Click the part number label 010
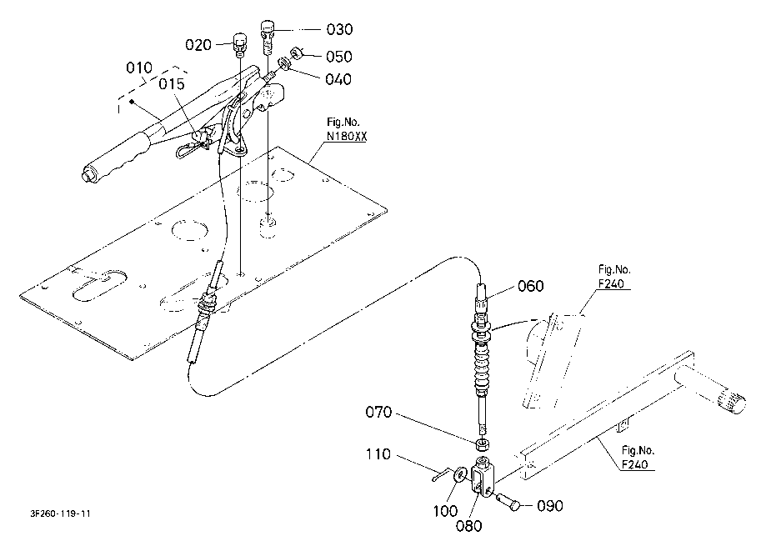click(x=139, y=68)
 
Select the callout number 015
click(x=172, y=84)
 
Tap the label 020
click(x=198, y=45)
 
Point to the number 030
click(x=339, y=29)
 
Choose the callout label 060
click(x=531, y=286)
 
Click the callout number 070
click(x=378, y=413)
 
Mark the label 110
click(x=378, y=454)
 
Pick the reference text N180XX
click(x=347, y=137)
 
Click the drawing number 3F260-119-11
click(x=60, y=513)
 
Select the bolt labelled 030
click(x=267, y=38)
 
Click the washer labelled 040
click(x=284, y=64)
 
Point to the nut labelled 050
click(x=297, y=53)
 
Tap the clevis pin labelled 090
click(x=508, y=503)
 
